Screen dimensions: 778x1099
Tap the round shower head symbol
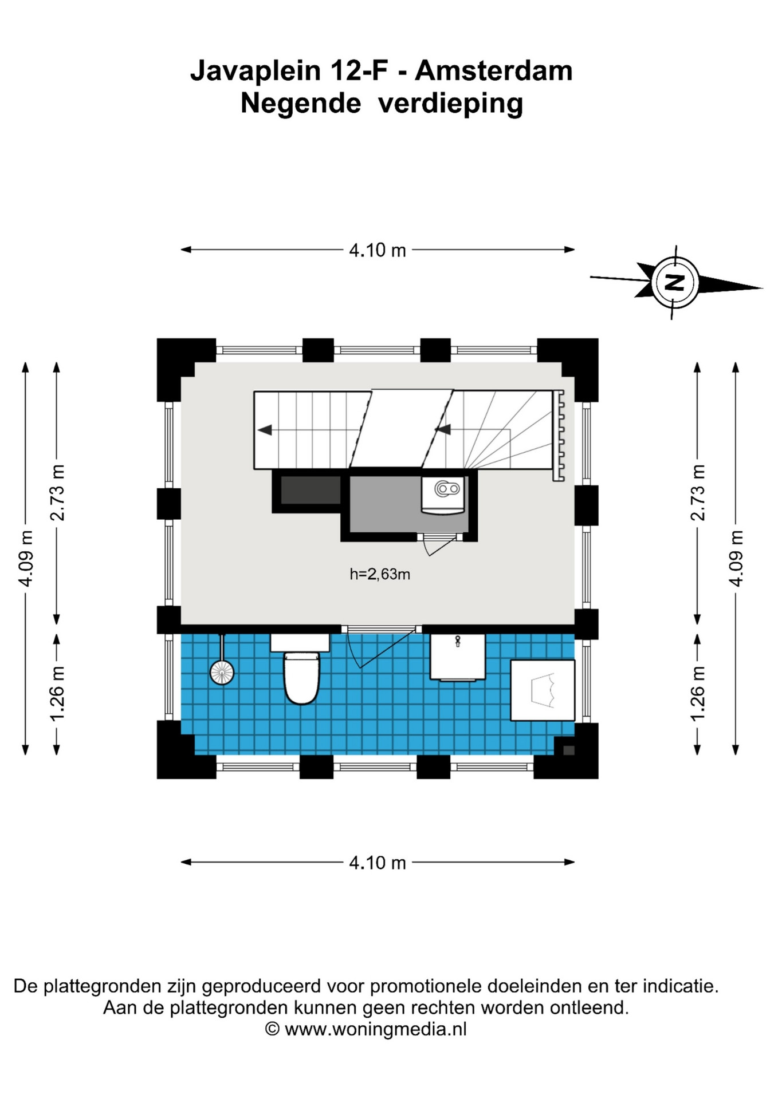click(222, 673)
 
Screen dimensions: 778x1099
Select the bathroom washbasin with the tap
click(458, 657)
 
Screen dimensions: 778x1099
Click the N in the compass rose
click(675, 282)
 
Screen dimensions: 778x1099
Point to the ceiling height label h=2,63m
click(380, 574)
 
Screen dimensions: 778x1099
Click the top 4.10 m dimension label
click(378, 250)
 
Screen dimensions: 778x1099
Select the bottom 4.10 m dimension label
click(378, 863)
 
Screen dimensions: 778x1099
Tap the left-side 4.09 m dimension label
click(26, 558)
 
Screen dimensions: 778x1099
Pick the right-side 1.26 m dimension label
click(697, 693)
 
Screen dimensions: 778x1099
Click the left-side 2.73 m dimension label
click(57, 493)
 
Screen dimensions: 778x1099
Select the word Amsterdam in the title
click(494, 71)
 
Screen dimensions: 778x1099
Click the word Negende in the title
click(301, 104)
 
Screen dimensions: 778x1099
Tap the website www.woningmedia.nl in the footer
click(376, 1029)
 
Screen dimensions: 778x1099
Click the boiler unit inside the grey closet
click(443, 495)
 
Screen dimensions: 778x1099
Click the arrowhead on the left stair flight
click(265, 430)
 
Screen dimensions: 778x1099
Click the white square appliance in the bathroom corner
click(543, 690)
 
